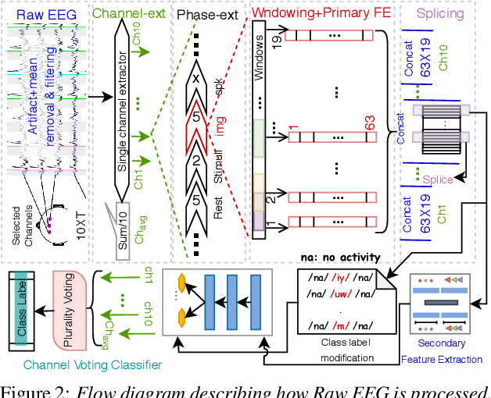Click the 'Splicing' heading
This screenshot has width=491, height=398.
coord(440,13)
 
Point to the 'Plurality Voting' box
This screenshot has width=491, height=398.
coord(68,301)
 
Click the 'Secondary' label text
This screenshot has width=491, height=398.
coord(442,343)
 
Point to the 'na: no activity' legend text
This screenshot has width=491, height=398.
coord(340,257)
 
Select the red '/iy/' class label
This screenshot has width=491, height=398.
coord(339,276)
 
